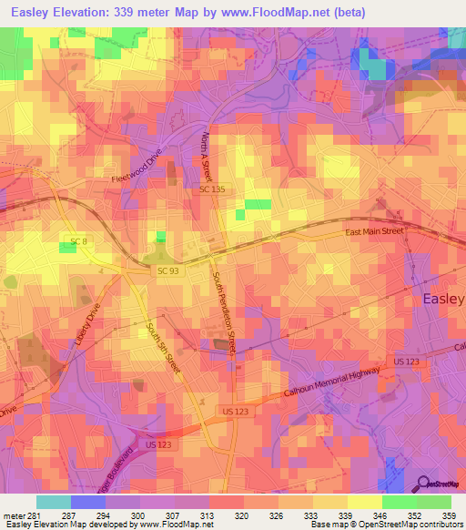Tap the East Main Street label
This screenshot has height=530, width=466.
click(373, 232)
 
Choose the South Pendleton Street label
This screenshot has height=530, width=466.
click(225, 312)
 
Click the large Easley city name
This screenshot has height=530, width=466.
click(443, 299)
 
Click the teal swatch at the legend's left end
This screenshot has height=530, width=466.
click(54, 503)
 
